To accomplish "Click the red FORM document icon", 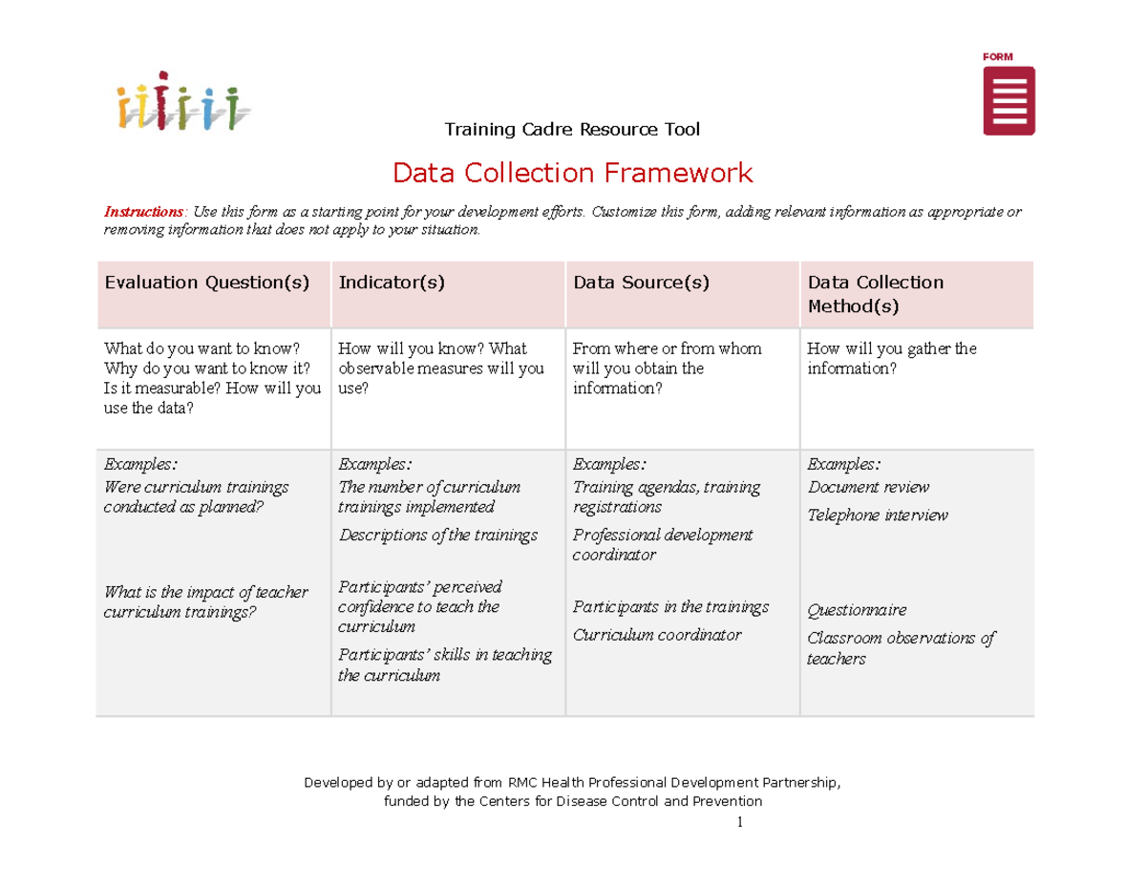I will [x=1009, y=100].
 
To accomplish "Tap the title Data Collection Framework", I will [x=573, y=173].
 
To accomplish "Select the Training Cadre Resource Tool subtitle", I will [x=573, y=129].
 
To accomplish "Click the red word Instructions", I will [x=143, y=211].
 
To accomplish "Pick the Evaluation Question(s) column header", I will [x=207, y=283].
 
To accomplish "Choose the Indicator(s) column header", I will [x=392, y=283].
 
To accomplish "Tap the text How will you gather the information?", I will [x=892, y=358].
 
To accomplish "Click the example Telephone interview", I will [x=878, y=516].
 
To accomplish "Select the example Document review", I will [x=868, y=488].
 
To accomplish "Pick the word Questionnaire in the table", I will [x=857, y=610].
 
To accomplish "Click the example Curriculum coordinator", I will [x=657, y=635].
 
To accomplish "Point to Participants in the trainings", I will [x=670, y=607].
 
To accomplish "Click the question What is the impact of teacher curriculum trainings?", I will [x=205, y=601].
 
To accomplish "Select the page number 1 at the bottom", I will [x=739, y=822].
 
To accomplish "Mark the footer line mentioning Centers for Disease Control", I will [x=573, y=801].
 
